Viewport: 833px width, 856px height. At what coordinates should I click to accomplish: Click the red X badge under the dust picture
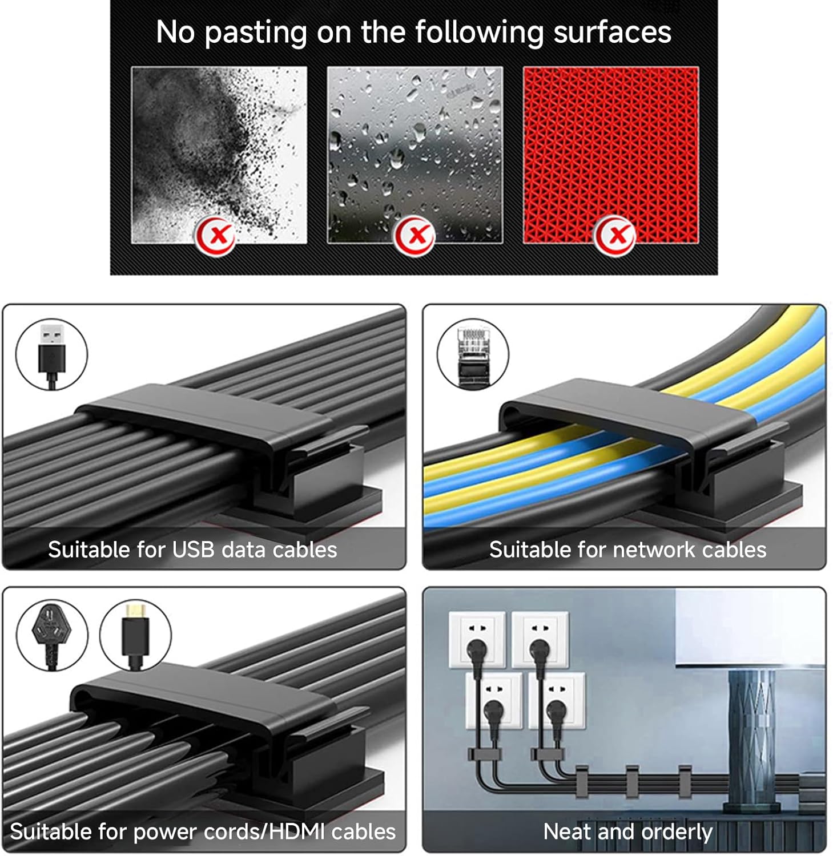click(x=216, y=235)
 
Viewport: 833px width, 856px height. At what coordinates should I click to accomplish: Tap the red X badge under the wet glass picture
click(x=415, y=235)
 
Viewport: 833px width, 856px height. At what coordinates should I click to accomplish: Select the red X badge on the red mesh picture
click(x=614, y=235)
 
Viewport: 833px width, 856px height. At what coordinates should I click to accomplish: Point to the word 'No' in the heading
click(x=176, y=32)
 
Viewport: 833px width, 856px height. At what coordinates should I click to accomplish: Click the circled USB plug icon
click(x=52, y=354)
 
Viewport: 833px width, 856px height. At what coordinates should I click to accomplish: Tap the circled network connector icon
click(x=473, y=354)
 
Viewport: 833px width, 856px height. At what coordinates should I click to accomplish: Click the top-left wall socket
click(x=477, y=639)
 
